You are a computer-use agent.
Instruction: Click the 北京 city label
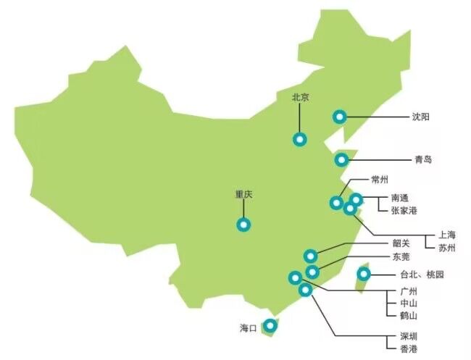[x=301, y=97]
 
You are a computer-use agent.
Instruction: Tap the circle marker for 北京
[x=299, y=139]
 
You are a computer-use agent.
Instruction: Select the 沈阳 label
[x=421, y=116]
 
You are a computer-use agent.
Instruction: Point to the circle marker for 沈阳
[x=338, y=116]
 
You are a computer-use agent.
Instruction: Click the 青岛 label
[x=423, y=159]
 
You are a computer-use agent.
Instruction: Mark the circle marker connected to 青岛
[x=341, y=160]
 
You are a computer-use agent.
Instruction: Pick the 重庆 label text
[x=243, y=195]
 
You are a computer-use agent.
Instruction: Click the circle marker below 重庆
[x=243, y=225]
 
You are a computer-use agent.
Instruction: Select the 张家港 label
[x=404, y=210]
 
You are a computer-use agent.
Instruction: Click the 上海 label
[x=447, y=235]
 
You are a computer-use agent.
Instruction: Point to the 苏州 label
[x=447, y=248]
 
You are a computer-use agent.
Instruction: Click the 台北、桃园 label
[x=421, y=275]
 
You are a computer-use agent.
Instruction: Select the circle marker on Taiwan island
[x=364, y=274]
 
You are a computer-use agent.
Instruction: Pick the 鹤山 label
[x=409, y=315]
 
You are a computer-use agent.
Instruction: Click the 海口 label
[x=249, y=328]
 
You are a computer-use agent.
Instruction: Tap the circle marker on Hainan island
[x=270, y=327]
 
